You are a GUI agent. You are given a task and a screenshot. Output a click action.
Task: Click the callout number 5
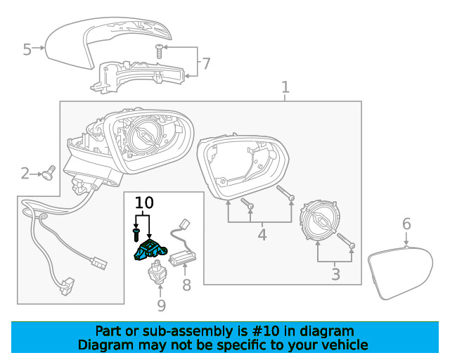tap(27, 49)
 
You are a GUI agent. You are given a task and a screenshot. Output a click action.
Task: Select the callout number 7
tap(205, 64)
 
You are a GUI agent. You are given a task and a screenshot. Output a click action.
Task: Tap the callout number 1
tap(285, 88)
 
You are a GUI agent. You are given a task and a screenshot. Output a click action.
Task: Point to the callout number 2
tap(25, 173)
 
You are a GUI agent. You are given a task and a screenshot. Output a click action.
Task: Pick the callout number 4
tap(262, 234)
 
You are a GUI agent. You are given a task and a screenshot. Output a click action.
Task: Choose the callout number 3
tap(335, 274)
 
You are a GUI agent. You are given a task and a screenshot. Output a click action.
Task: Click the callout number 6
tap(406, 224)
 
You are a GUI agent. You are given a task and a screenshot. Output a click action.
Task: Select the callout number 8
tap(186, 285)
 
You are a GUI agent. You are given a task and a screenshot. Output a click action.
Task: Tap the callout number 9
tap(161, 304)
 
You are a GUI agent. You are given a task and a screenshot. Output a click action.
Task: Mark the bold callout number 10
tap(144, 203)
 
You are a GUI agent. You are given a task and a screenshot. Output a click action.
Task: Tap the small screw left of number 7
tap(159, 50)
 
